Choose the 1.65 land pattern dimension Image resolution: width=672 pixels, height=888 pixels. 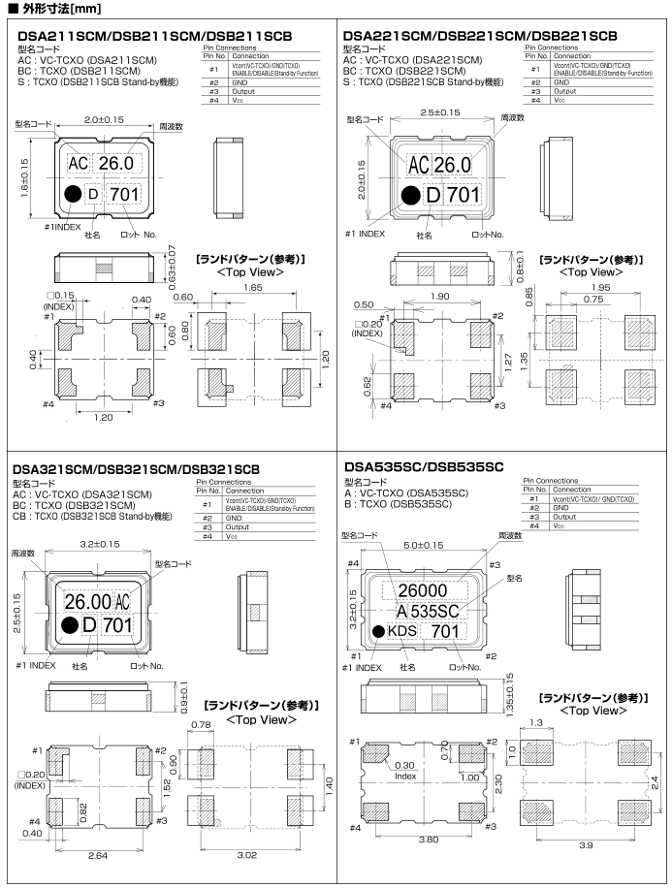[255, 289]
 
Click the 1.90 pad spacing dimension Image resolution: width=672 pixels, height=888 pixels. [439, 297]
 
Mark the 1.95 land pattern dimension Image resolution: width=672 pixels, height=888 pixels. [599, 288]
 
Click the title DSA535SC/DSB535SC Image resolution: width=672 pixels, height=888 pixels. [425, 466]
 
